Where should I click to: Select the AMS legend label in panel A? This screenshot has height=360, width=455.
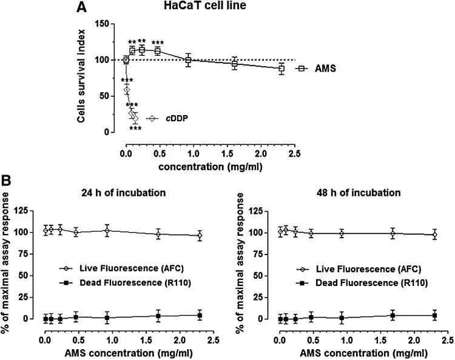325,69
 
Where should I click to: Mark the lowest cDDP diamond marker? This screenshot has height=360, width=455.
135,118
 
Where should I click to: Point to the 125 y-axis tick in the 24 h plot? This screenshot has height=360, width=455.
33,211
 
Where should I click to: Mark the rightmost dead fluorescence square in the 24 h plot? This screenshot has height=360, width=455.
200,315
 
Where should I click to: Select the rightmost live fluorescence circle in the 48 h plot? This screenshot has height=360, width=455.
434,235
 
